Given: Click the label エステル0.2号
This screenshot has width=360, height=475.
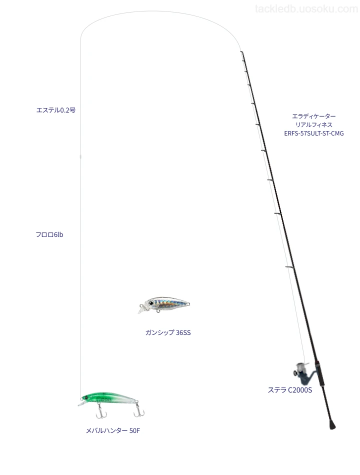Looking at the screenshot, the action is pos(56,110).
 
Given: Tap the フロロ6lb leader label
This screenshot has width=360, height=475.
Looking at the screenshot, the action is pos(49,235).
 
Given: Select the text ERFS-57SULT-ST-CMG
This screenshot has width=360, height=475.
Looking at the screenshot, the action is pos(314,133).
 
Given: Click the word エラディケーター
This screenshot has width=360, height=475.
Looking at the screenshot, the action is pos(314,116).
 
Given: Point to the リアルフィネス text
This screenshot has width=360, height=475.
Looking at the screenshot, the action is pos(314,125).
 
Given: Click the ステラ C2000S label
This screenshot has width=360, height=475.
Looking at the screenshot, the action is pos(289,390).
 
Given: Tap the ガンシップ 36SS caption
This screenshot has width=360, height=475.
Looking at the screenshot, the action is pos(168,332).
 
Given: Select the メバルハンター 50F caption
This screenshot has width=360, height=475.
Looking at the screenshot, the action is pos(112,431).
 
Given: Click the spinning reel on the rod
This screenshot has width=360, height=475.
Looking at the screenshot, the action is pos(302,371).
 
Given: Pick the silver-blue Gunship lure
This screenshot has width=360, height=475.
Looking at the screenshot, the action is pos(163,304).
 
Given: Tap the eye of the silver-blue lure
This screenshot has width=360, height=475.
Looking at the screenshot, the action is pos(151,303).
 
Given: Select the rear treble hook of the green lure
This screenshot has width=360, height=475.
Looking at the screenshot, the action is pos(139,410).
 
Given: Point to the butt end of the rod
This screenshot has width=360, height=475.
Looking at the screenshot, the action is pos(332,426).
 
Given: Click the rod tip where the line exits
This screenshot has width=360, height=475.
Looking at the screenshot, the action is pos(241,52).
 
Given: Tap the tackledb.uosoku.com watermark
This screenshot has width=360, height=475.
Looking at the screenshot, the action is pos(306,9).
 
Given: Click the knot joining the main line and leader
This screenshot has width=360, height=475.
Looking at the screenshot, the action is pos(80,157).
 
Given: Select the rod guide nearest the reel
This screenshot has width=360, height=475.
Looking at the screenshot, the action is pos(289,267).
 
